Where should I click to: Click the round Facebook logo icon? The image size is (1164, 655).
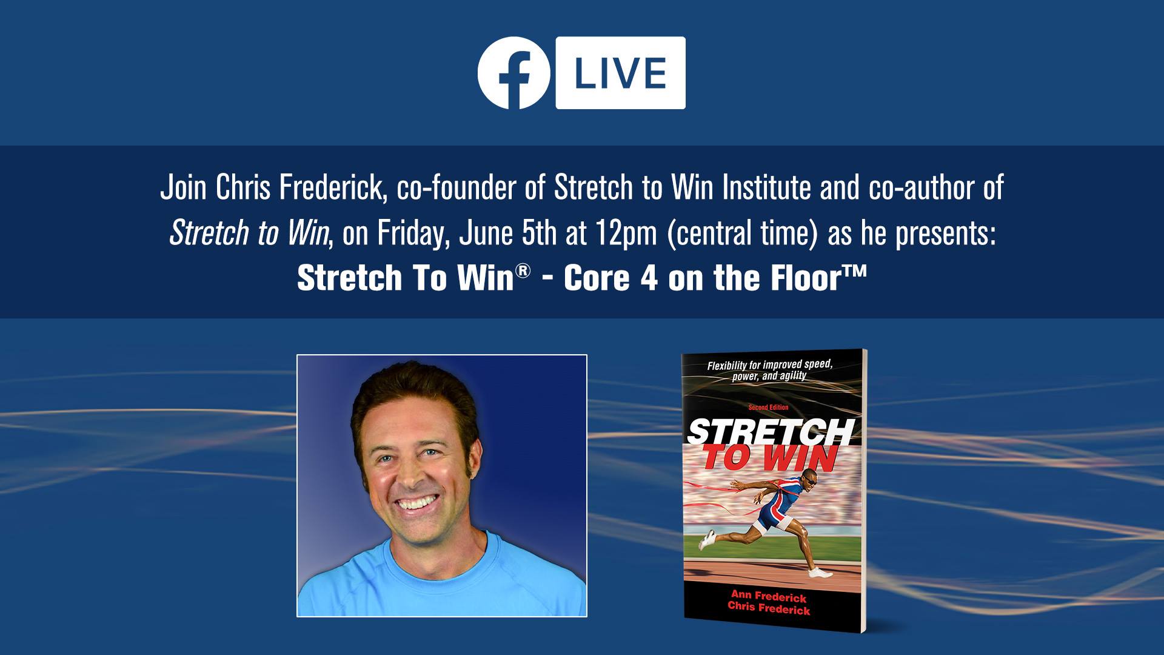(x=513, y=73)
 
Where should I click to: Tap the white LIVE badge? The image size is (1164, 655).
(x=620, y=73)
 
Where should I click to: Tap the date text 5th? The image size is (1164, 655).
(x=540, y=233)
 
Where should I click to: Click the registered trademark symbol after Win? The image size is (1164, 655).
(x=523, y=270)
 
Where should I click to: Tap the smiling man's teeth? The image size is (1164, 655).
(x=417, y=502)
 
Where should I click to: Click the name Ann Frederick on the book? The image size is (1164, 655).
(x=768, y=597)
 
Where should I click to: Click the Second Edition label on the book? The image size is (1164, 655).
(x=768, y=408)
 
